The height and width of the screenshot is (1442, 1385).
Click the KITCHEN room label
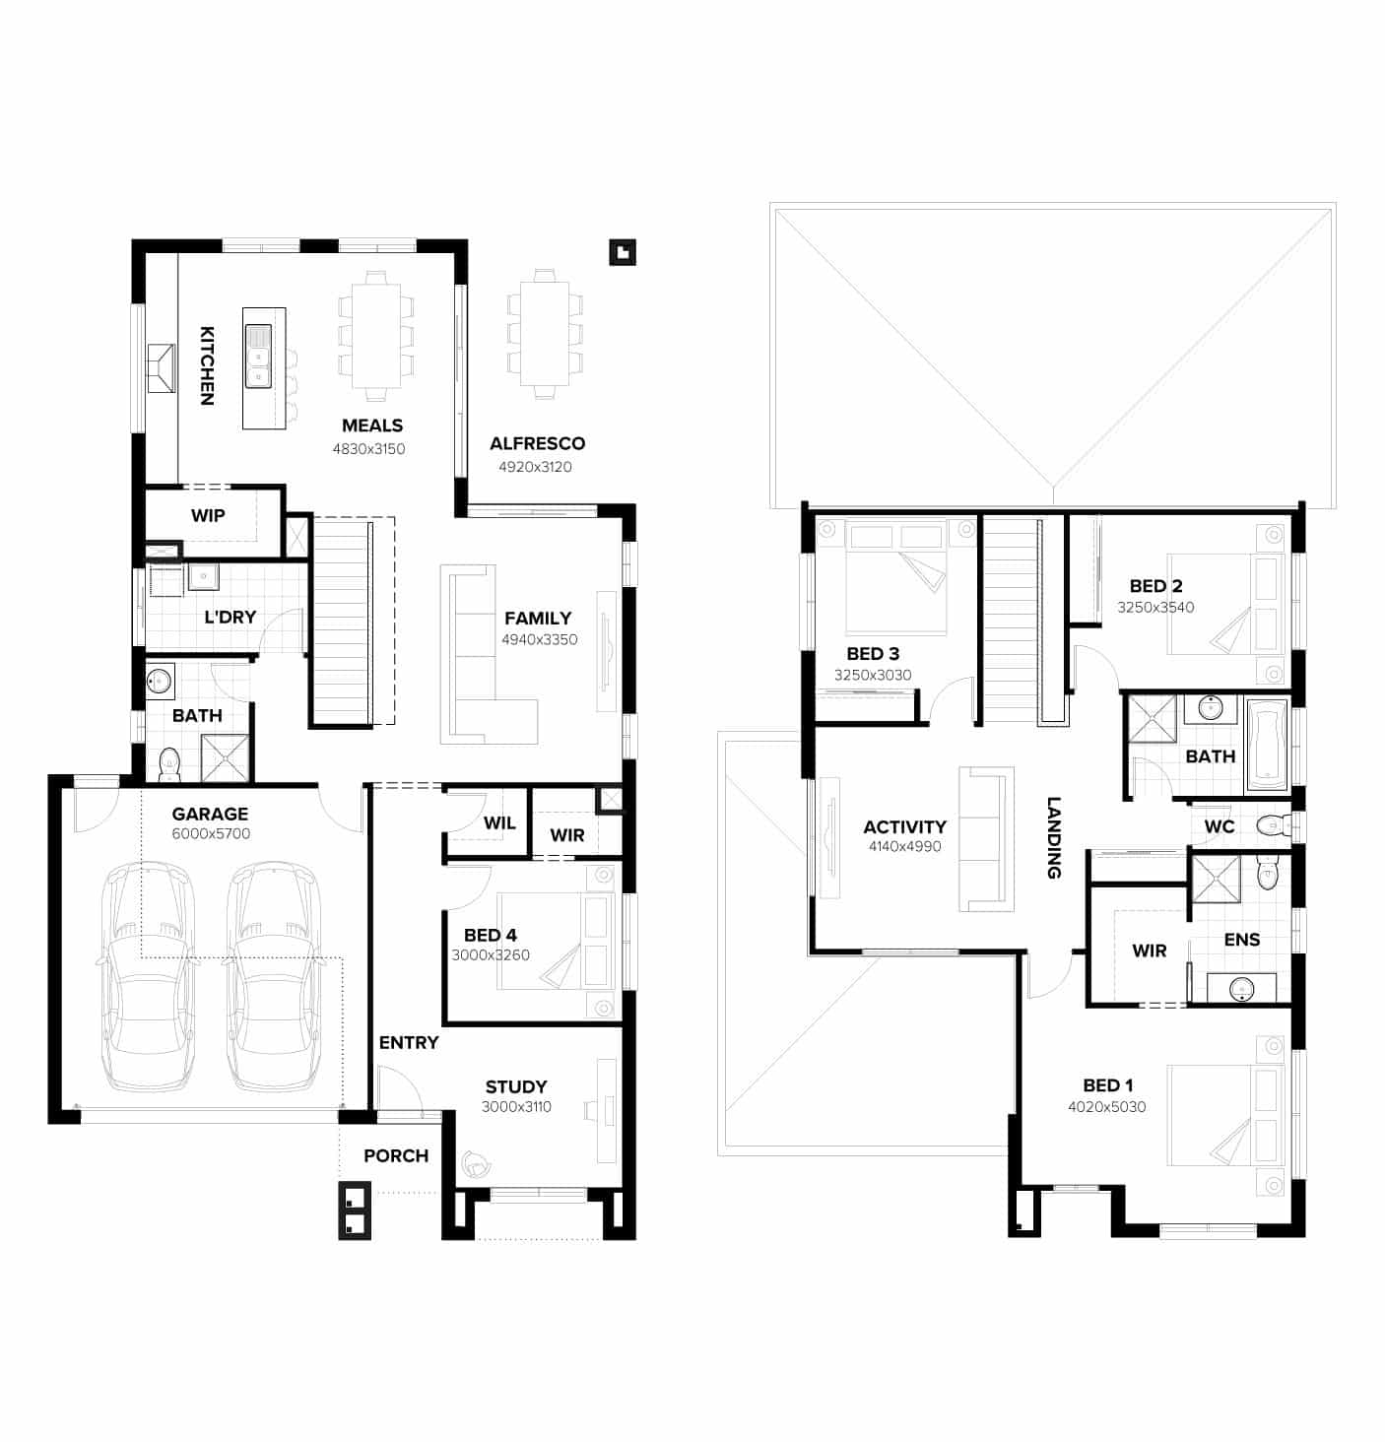coord(207,365)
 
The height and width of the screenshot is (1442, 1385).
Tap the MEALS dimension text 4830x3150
coord(368,449)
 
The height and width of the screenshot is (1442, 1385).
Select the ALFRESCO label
coord(537,444)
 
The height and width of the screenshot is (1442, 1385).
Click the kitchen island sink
coord(258,357)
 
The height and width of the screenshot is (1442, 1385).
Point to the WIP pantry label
coord(208,515)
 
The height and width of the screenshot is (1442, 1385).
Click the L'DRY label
coord(230,618)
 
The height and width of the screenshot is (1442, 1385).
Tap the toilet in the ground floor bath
coord(169,763)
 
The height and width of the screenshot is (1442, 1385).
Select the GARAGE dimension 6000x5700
coord(211,834)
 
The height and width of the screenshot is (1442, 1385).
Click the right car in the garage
coord(273,975)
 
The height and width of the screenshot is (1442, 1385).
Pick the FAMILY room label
coord(538,619)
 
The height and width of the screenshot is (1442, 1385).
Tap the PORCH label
coord(396,1156)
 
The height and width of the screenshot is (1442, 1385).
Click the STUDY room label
coord(516,1087)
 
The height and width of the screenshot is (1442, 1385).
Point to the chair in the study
coord(479,1164)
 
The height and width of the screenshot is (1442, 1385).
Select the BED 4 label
coord(491,936)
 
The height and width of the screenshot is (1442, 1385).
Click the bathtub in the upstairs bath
coord(1267,746)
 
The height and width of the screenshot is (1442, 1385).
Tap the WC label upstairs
coord(1220,826)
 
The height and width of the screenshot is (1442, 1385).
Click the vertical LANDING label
coord(1053,837)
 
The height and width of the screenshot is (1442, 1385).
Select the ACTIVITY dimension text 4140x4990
coord(904,847)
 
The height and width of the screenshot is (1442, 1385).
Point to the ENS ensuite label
coord(1241,940)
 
